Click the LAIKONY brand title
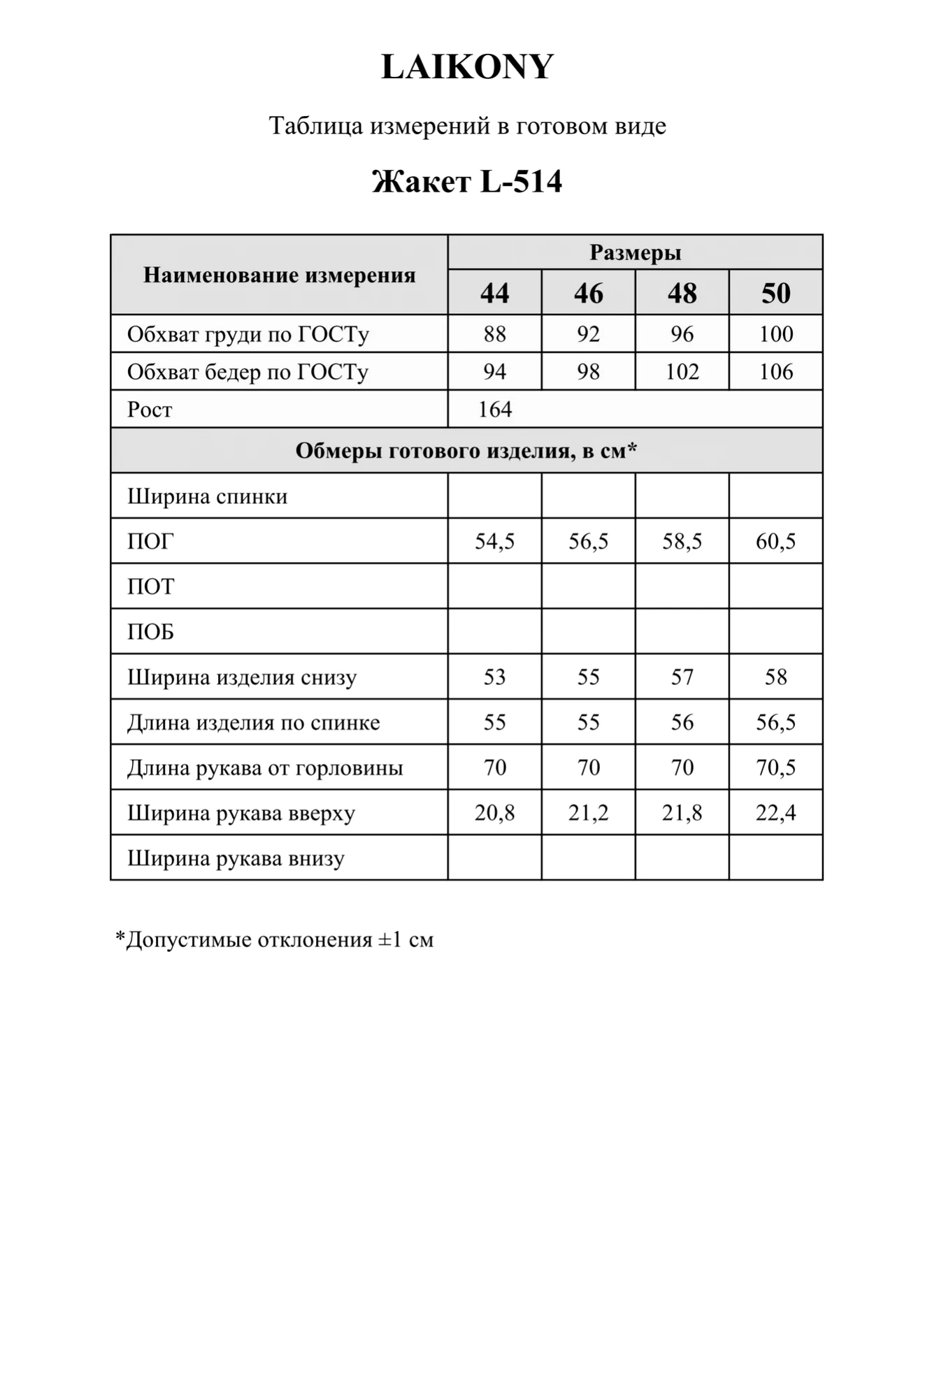tap(467, 67)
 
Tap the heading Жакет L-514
tap(467, 182)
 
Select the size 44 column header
tap(494, 293)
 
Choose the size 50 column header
tap(775, 293)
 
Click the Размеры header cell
tap(635, 252)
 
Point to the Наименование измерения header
tap(279, 275)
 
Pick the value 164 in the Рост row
tap(495, 409)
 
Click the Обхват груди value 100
tap(775, 334)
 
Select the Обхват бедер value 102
tap(682, 371)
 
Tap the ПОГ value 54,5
tap(494, 541)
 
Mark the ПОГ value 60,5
tap(775, 541)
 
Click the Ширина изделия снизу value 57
tap(682, 677)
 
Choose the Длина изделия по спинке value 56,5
tap(775, 722)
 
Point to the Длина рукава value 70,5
tap(775, 768)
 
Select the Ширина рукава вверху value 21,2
tap(588, 813)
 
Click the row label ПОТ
tap(150, 586)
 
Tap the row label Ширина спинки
tap(207, 496)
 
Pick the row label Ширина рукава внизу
tap(236, 858)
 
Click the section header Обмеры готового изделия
tap(466, 451)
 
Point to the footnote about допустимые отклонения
tap(274, 939)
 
